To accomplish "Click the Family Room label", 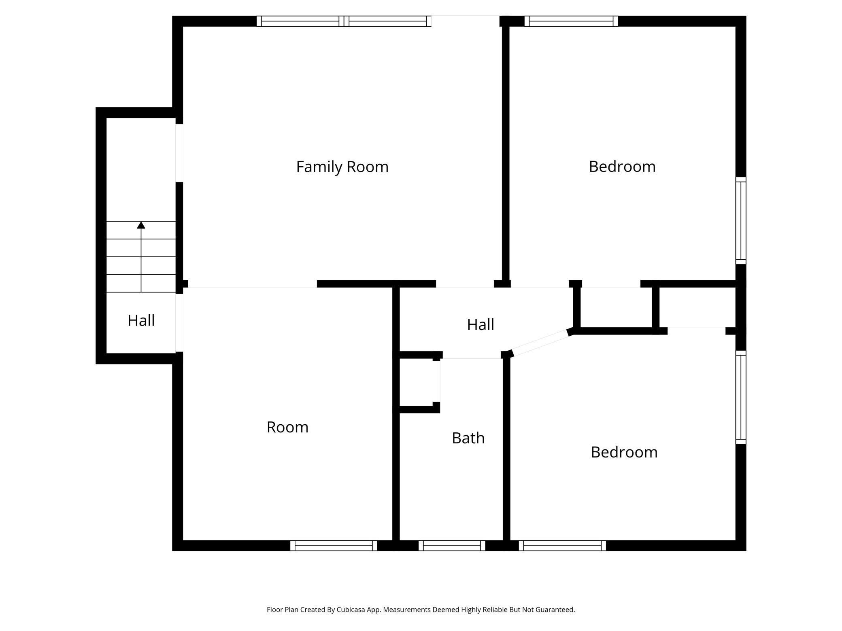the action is (x=342, y=167).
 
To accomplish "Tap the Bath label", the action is (x=468, y=438).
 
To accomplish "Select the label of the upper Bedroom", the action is (x=622, y=167).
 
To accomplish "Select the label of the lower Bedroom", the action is (x=624, y=452).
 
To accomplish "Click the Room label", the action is (x=287, y=427).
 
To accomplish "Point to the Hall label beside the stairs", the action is (x=141, y=320).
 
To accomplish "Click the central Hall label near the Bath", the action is (x=481, y=324).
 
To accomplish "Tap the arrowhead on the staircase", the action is (x=141, y=225).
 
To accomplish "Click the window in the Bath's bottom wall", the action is (x=452, y=546).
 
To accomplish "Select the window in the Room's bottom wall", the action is (x=334, y=546).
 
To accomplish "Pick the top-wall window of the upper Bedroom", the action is (x=571, y=21).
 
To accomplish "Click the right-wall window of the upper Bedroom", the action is (x=741, y=220).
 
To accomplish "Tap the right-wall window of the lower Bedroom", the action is (x=741, y=397).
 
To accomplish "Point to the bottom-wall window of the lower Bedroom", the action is (x=562, y=546).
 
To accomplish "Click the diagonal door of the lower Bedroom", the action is (x=540, y=343).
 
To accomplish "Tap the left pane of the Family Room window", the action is (x=300, y=21).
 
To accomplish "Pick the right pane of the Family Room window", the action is (x=388, y=21).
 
